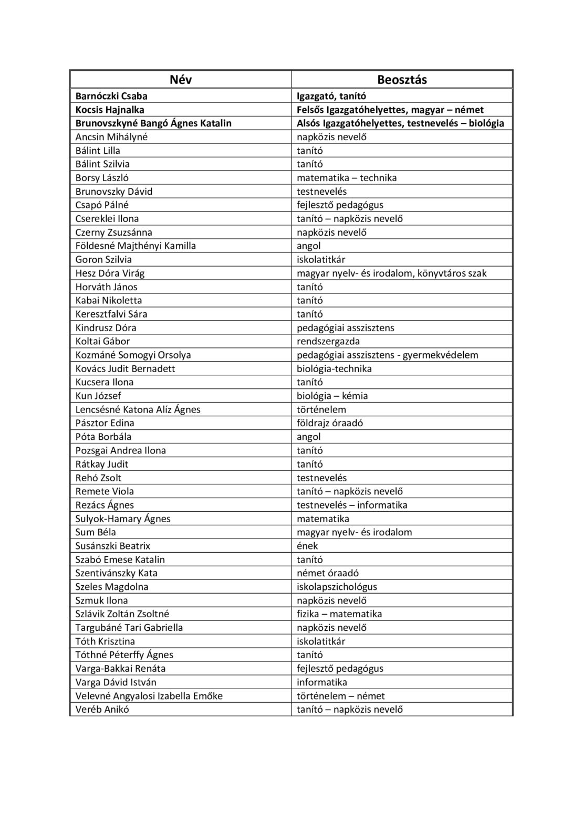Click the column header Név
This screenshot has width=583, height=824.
[181, 80]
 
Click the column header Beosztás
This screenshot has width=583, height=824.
[402, 80]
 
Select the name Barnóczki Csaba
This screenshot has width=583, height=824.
[111, 96]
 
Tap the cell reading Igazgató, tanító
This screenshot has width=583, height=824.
[331, 96]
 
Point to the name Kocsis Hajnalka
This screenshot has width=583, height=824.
[110, 110]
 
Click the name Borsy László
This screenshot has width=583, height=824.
[102, 178]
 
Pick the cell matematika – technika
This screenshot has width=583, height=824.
[347, 178]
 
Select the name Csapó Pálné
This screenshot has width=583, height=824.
[102, 205]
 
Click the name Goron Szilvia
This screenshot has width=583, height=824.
[103, 260]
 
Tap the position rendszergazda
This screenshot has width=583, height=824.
[328, 342]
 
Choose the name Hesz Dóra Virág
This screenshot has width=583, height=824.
[110, 273]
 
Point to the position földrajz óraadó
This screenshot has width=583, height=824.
[330, 423]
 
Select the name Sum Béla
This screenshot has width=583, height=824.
[96, 532]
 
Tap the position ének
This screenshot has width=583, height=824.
[307, 546]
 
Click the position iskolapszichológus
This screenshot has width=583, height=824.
[337, 587]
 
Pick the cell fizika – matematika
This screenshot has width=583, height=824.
[339, 614]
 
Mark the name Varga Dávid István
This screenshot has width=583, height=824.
[116, 682]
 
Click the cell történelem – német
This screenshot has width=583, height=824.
[340, 696]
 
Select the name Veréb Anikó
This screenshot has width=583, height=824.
[102, 710]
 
